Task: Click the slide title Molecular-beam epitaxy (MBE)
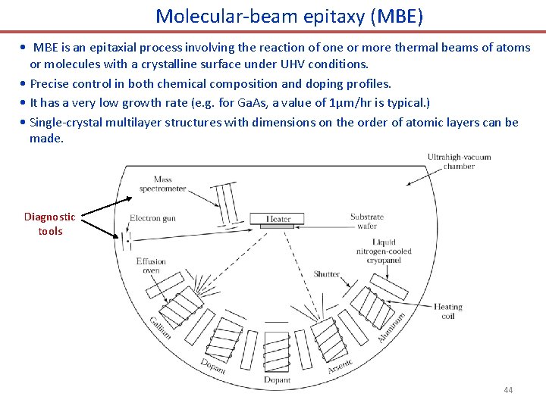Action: (289, 16)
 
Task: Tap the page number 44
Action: (508, 390)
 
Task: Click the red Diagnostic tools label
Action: (50, 223)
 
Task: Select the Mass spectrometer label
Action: (169, 184)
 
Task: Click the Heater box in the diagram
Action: (278, 219)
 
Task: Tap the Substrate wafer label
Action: (367, 221)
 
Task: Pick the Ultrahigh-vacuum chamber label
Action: (459, 161)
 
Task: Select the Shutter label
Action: (327, 274)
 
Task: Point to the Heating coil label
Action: (447, 311)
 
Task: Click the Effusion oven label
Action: (151, 266)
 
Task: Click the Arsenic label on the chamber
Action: (340, 366)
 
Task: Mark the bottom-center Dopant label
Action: (277, 379)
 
